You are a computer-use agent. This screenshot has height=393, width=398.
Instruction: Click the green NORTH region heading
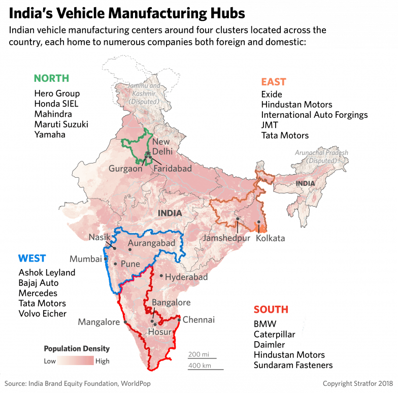(x=51, y=78)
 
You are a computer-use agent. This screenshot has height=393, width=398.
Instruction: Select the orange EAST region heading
(x=274, y=82)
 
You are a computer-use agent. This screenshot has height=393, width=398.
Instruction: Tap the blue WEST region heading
(x=32, y=258)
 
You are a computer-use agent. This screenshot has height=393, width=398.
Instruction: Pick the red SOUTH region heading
(x=271, y=309)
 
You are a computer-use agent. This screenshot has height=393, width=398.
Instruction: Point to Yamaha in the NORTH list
(x=50, y=135)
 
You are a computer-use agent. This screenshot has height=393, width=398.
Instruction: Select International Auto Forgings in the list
(x=314, y=115)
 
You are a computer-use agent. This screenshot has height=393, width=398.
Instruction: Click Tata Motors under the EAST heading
(x=285, y=135)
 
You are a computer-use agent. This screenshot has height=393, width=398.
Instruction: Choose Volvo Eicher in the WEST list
(x=43, y=313)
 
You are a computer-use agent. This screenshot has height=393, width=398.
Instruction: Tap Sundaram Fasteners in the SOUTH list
(x=293, y=365)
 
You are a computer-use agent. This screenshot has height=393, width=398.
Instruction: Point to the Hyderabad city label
(x=187, y=277)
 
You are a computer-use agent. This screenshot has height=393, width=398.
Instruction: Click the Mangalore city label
(x=98, y=322)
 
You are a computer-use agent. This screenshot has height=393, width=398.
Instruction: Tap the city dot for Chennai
(x=179, y=319)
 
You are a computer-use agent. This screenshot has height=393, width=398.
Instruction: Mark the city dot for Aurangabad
(x=130, y=249)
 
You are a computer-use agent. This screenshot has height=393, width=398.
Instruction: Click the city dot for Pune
(x=116, y=264)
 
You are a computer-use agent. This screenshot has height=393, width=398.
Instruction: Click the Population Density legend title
(x=77, y=349)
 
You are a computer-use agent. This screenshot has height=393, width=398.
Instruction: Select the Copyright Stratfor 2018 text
(x=357, y=383)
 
